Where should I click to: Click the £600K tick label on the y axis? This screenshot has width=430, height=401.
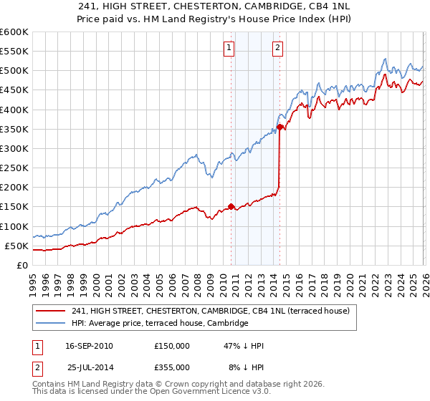[14, 32]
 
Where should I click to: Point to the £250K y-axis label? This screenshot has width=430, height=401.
[14, 168]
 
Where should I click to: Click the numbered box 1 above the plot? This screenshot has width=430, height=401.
[229, 48]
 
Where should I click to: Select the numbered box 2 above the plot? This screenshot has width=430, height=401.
[277, 48]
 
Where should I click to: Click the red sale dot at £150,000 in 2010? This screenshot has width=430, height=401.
[231, 206]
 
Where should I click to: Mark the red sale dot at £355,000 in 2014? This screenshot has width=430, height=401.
[279, 127]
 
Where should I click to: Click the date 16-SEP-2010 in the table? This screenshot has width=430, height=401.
[89, 346]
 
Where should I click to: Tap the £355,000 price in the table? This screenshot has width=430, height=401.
[171, 367]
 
